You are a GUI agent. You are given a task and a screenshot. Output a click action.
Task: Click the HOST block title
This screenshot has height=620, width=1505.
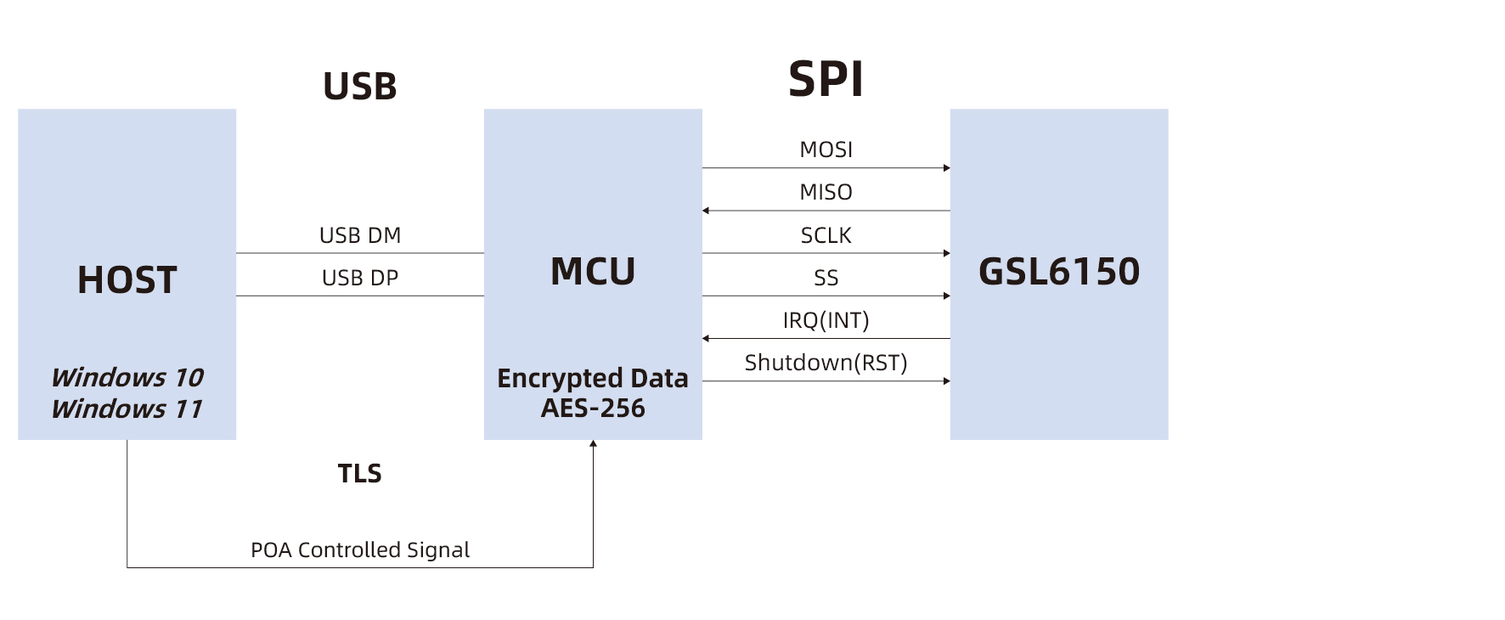click(127, 280)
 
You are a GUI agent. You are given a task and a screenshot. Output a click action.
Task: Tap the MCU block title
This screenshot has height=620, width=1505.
click(593, 272)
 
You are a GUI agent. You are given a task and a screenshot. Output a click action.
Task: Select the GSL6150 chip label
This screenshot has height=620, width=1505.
click(1059, 272)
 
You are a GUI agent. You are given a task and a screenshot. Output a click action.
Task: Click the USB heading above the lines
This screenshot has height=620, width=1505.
click(360, 87)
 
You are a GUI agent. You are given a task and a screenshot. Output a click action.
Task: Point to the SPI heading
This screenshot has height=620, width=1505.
click(826, 79)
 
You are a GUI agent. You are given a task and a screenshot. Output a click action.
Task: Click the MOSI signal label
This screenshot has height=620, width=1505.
click(826, 149)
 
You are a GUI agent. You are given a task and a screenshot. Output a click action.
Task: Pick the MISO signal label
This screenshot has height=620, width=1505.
click(826, 192)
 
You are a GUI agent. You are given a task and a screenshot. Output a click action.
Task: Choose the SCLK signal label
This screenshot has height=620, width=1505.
click(826, 235)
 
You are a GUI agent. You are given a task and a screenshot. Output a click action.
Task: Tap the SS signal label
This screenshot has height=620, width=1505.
click(826, 278)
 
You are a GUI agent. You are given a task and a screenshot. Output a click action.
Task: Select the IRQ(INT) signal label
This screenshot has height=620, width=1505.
click(826, 320)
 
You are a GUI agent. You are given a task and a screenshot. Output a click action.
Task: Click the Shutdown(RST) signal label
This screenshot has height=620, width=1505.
click(826, 363)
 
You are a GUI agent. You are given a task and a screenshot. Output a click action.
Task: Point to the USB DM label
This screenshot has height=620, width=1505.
click(360, 235)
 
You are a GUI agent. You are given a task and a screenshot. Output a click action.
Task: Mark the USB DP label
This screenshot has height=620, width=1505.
click(360, 278)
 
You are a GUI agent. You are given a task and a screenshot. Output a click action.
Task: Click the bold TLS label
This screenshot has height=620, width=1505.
click(360, 473)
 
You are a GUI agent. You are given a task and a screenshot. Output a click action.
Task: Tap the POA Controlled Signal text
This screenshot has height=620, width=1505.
click(360, 550)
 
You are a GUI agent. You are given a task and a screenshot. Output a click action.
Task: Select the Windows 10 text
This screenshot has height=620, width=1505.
click(127, 377)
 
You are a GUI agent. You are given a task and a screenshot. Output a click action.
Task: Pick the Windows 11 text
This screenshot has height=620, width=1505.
click(127, 409)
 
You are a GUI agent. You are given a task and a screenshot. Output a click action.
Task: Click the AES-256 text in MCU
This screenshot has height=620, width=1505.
click(593, 408)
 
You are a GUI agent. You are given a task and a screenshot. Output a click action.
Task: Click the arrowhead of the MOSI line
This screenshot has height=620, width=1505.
click(946, 168)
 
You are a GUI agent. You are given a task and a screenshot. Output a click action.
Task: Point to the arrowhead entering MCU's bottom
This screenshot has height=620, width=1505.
click(593, 443)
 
